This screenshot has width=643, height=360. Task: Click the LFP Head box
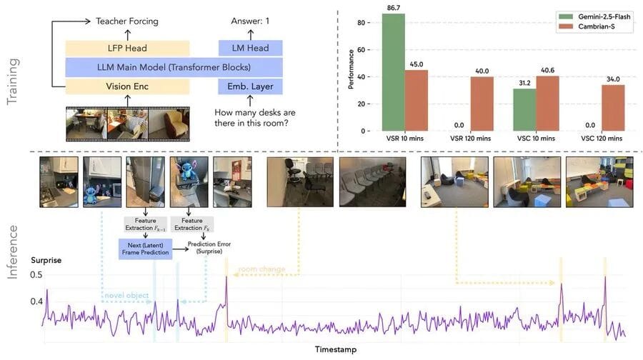[x=127, y=48]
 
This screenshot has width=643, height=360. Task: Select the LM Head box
[x=250, y=48]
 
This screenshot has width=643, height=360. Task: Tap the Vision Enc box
[x=127, y=86]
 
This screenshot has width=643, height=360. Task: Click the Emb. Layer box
[x=250, y=86]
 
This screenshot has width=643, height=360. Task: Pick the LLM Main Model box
[x=174, y=67]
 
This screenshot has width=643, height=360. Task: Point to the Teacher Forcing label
[x=127, y=21]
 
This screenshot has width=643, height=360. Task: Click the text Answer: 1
[x=250, y=21]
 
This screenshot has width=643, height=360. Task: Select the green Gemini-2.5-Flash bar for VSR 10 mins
[x=393, y=72]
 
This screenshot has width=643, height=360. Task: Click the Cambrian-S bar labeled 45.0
[x=416, y=101]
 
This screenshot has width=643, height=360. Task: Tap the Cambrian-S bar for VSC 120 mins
[x=612, y=108]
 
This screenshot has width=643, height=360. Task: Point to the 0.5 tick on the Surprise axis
[x=36, y=275]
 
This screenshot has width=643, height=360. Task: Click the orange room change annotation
[x=261, y=269]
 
